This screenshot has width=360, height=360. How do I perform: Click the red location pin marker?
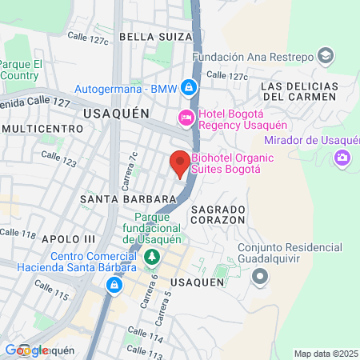click(x=179, y=163)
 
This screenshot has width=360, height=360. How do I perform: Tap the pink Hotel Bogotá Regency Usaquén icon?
click(x=186, y=118)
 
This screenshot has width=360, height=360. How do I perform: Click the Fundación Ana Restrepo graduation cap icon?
click(x=326, y=56)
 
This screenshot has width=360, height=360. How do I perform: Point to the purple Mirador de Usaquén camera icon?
click(x=343, y=156)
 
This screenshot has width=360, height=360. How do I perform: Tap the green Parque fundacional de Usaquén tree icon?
click(x=152, y=258)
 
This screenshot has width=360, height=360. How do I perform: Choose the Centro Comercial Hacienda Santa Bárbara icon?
click(x=115, y=285)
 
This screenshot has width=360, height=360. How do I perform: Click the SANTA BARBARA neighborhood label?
click(x=127, y=198)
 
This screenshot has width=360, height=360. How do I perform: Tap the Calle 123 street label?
click(x=58, y=158)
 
